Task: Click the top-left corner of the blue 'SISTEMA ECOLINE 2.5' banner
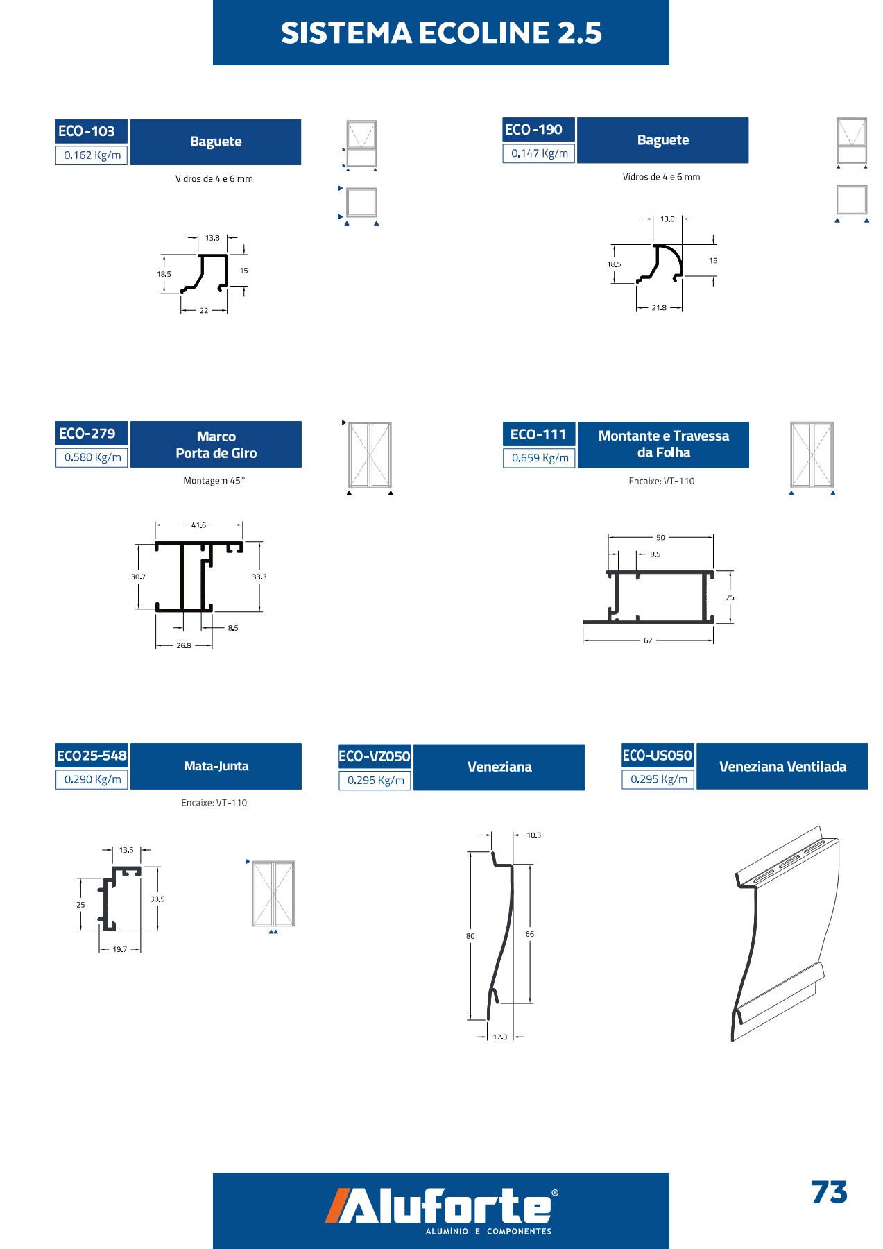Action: point(213,0)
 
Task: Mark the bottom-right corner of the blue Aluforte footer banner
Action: point(669,1248)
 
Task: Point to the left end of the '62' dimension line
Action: point(583,640)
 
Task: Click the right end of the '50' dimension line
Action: point(713,537)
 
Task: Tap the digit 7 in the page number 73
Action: point(820,1192)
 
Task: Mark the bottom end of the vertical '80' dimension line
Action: point(470,1019)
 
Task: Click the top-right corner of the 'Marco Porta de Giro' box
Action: point(302,421)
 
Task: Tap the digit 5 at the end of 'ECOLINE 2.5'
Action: point(592,33)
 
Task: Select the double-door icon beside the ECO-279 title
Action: point(370,455)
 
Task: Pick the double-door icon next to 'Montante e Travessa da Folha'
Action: point(812,455)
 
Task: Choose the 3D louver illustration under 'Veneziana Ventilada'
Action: point(785,933)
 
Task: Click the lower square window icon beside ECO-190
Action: point(852,200)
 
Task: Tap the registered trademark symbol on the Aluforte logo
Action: point(554,1193)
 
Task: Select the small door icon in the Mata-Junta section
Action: point(273,894)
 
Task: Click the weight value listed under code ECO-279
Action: point(92,457)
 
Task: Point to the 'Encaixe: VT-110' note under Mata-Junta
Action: point(214,803)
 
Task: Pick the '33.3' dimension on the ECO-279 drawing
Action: point(259,577)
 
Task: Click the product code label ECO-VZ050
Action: point(375,756)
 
